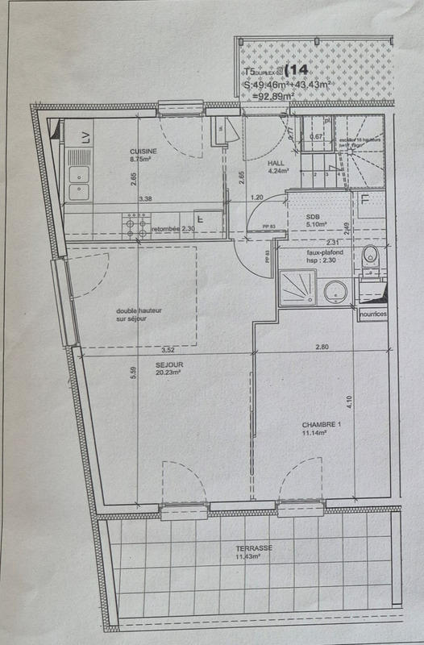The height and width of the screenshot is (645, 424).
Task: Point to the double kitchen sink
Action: tap(79, 181)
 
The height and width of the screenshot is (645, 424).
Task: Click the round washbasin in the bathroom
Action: tap(335, 291)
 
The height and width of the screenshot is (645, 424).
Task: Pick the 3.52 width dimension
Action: tap(168, 351)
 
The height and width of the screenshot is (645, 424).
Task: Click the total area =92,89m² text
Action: tap(272, 96)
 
